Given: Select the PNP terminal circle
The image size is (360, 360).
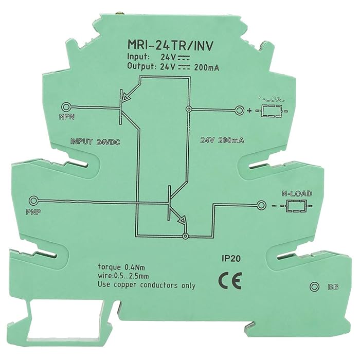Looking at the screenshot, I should (x=35, y=201).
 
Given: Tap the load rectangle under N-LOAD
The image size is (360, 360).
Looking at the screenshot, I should (x=295, y=207).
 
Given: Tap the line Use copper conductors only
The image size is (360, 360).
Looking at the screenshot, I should (x=147, y=286).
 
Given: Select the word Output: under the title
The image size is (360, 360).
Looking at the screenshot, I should (x=140, y=66).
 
